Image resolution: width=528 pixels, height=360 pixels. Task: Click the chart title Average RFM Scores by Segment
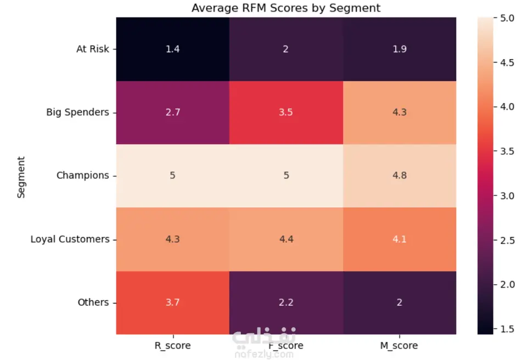[285, 8]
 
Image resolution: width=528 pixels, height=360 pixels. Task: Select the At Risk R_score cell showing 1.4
[173, 49]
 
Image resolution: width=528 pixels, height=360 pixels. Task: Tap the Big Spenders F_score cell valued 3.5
[286, 113]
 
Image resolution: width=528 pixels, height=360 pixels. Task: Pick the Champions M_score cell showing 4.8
[399, 176]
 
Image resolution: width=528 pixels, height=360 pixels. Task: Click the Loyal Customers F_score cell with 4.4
[286, 239]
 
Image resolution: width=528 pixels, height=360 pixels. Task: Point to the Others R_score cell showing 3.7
[173, 302]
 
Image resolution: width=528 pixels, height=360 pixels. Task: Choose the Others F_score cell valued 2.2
[286, 302]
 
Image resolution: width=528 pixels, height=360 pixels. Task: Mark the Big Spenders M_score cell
[399, 113]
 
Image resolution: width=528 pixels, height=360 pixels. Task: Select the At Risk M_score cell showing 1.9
[399, 49]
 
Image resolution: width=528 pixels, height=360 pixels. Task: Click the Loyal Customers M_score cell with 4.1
[399, 239]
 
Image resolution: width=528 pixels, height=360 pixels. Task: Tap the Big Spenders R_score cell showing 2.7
[173, 113]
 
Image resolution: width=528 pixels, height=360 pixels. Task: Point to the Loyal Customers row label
[70, 239]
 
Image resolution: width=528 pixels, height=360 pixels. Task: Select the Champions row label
[83, 176]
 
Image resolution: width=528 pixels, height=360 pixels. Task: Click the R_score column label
[173, 346]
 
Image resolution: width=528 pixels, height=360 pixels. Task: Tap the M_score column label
[399, 346]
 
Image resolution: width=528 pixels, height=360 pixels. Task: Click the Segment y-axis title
[21, 177]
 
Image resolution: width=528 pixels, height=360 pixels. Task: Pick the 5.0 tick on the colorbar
[507, 18]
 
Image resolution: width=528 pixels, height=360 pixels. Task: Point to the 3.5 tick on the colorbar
[507, 151]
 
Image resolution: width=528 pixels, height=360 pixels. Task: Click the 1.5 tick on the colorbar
[507, 328]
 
